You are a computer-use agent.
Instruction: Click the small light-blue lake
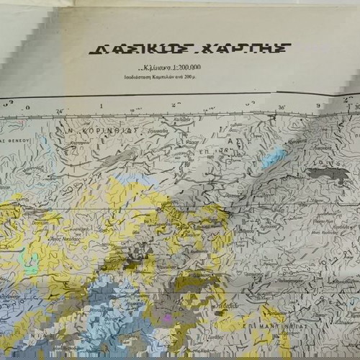point(274,158)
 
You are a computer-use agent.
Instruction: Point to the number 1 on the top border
point(101,106)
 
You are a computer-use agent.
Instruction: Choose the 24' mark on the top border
point(58,111)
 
